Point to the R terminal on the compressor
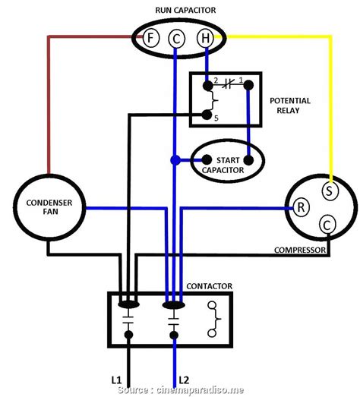coord(300,207)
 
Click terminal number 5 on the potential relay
coord(205,116)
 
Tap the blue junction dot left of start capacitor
coord(175,160)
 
